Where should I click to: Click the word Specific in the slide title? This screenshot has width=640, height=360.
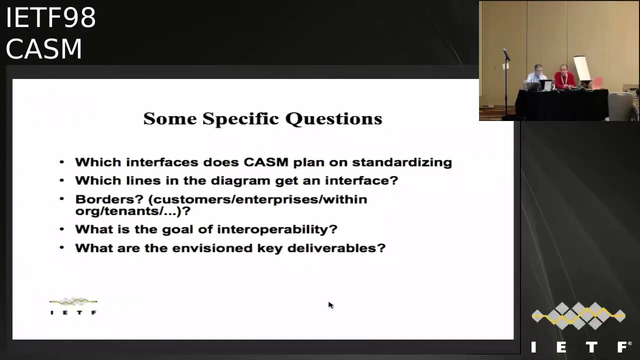coord(240,119)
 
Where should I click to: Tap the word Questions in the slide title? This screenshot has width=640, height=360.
coord(333,119)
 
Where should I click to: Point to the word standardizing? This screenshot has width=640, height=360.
coord(402,162)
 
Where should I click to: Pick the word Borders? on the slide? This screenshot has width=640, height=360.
coord(109,199)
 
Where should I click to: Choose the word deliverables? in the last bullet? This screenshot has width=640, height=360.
coord(336,248)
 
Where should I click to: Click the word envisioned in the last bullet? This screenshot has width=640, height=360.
coord(212,248)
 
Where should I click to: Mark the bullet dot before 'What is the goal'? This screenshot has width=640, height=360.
coord(61,229)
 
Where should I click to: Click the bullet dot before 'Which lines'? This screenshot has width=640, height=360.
coord(61,180)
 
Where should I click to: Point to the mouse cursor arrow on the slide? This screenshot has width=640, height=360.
coord(330,305)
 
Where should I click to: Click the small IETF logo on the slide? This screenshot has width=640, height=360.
coord(73,306)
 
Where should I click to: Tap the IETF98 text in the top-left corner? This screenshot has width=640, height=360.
coord(50,17)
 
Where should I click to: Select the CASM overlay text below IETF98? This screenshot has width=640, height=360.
coord(44,49)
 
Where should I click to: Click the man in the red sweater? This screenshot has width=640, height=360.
coord(564,76)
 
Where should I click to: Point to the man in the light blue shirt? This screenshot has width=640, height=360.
coord(536,75)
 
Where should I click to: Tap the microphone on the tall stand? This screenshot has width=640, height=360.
coord(506,54)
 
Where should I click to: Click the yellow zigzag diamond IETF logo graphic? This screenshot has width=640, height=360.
coord(578,315)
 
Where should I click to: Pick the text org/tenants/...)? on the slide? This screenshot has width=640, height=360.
coord(133,211)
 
